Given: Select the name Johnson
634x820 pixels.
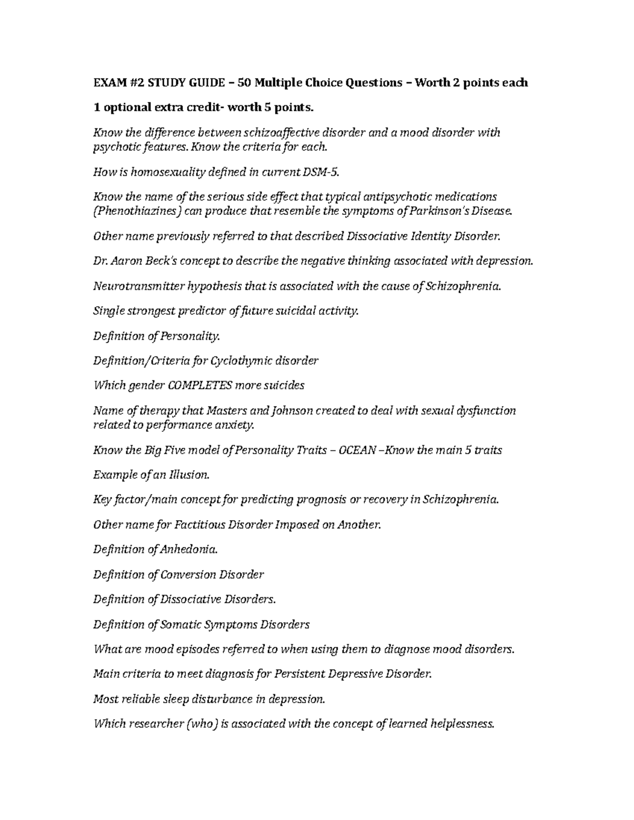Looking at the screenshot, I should pyautogui.click(x=292, y=411).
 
